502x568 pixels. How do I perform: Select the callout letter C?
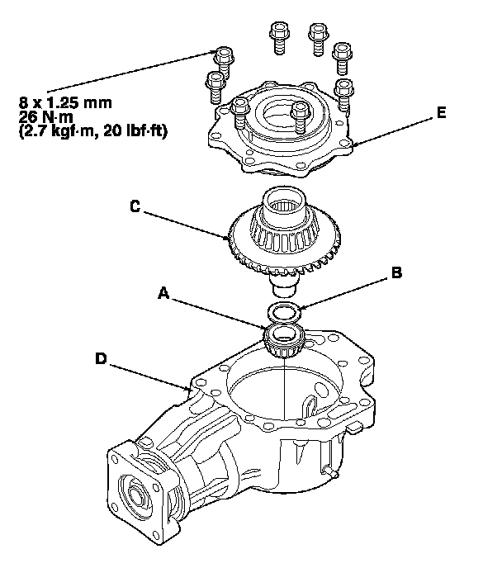click(135, 207)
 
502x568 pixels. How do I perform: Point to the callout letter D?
click(101, 358)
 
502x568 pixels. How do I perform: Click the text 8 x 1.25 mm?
click(65, 103)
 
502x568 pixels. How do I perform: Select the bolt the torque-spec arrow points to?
click(223, 58)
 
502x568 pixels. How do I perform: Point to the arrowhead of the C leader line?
click(234, 240)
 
